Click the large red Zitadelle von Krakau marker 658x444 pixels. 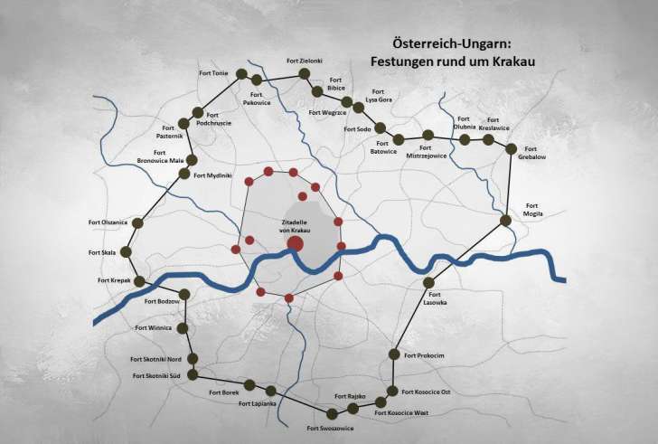coord(296,243)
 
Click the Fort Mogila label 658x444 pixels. coord(533,210)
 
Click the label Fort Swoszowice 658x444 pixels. coord(330,428)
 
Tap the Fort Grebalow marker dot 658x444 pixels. coord(511,148)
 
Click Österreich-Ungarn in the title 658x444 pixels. coord(442,43)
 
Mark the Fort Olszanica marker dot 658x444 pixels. coord(137,222)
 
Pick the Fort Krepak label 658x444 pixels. coord(115,281)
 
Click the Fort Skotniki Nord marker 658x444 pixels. coord(193,359)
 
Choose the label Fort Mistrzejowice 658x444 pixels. coord(428,155)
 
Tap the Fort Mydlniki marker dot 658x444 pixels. coord(185,175)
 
